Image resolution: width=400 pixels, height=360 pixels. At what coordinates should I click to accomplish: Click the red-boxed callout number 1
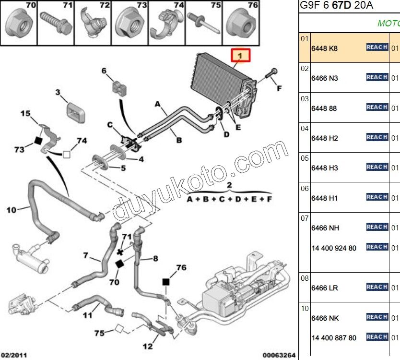(242, 56)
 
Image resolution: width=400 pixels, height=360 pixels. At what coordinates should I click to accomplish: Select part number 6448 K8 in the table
(324, 48)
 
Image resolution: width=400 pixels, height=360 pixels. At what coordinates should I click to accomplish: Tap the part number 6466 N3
(325, 78)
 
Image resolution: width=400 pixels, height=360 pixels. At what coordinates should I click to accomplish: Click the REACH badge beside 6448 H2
(377, 137)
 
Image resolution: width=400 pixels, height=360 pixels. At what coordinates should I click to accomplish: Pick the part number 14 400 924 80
(334, 248)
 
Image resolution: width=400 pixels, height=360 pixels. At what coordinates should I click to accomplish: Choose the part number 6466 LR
(325, 288)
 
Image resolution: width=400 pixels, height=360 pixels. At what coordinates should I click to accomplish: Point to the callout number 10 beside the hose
(12, 209)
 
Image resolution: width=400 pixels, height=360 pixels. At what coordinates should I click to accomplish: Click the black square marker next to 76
(166, 282)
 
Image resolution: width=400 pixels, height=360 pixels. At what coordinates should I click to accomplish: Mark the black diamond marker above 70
(119, 264)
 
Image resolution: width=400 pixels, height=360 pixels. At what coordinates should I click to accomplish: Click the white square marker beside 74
(67, 154)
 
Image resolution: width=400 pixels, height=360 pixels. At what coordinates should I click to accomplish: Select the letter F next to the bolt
(279, 88)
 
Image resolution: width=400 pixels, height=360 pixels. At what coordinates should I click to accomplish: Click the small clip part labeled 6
(118, 87)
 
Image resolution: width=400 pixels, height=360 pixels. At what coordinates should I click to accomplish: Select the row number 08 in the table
(305, 278)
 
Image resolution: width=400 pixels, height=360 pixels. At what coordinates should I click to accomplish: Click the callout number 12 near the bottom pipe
(148, 346)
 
